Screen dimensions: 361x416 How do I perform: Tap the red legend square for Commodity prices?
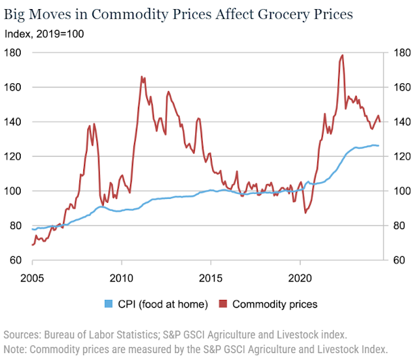[224, 304]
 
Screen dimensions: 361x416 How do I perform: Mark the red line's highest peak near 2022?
[342, 55]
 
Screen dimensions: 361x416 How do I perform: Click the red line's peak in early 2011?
[142, 77]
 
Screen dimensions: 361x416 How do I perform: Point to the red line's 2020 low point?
[305, 213]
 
